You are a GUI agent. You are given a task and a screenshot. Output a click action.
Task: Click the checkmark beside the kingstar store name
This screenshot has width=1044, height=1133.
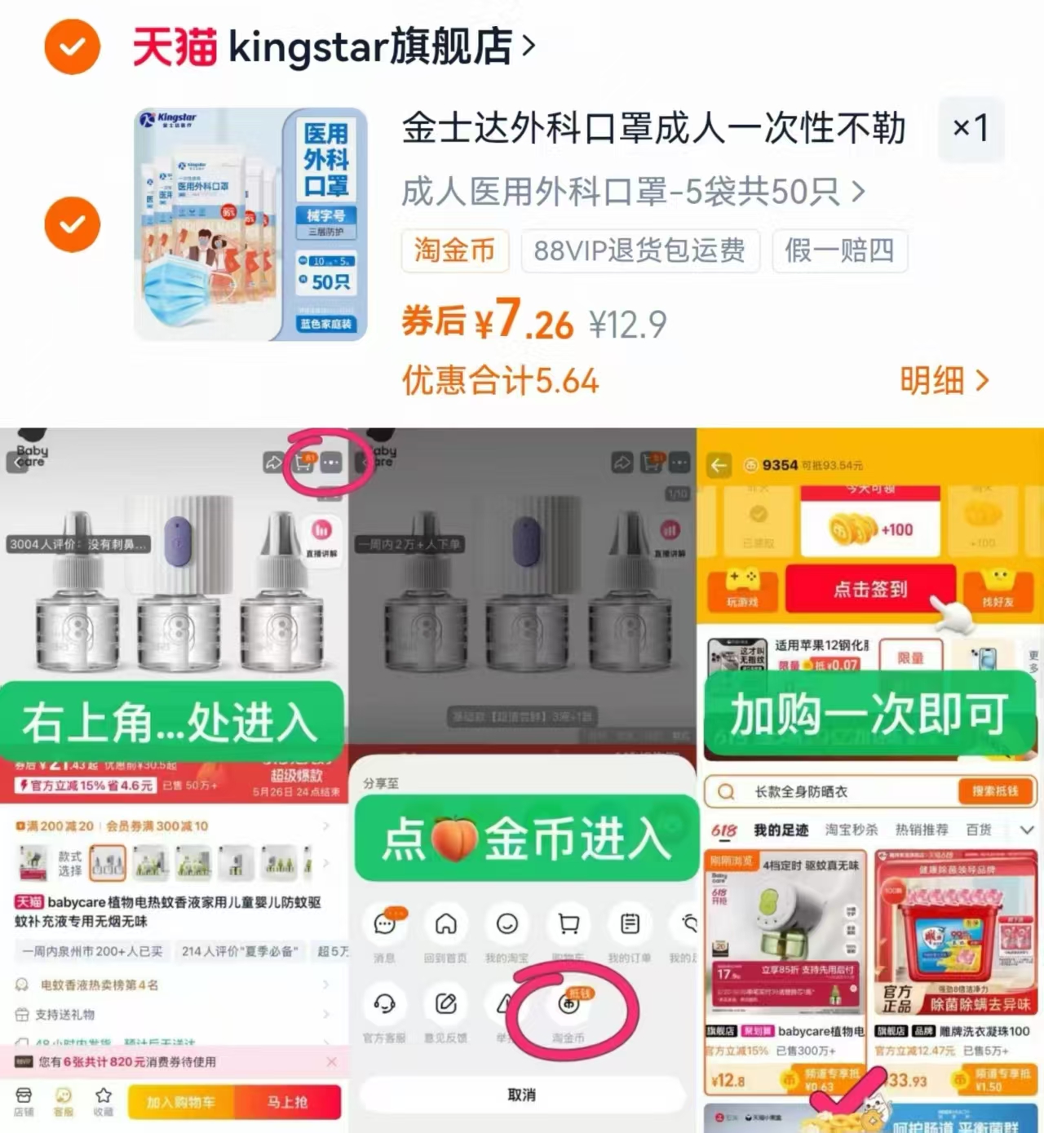[72, 46]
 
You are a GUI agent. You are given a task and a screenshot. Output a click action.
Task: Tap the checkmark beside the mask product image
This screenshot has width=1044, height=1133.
[72, 224]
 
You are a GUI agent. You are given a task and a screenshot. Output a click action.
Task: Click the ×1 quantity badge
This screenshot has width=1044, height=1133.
[971, 127]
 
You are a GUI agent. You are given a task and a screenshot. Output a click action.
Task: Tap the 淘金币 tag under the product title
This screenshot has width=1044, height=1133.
[454, 250]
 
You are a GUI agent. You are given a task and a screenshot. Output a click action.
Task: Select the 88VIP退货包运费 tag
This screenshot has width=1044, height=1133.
[639, 250]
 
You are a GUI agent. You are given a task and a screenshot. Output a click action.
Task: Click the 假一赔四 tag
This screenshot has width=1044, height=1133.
[839, 250]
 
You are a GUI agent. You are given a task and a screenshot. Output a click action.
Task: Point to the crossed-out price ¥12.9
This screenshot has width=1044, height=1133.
[627, 325]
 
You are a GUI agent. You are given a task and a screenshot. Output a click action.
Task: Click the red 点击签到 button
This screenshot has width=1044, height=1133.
[869, 589]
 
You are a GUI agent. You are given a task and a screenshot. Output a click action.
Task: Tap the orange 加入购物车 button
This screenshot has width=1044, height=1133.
[181, 1102]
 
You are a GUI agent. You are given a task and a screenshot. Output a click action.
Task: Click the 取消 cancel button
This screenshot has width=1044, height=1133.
[521, 1095]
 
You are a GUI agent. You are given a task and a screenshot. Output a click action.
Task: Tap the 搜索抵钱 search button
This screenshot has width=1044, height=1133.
[994, 790]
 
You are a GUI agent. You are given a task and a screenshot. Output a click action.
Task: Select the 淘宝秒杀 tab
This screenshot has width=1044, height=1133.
[852, 830]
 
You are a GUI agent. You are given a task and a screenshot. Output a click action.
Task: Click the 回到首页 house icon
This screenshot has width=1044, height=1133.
[445, 924]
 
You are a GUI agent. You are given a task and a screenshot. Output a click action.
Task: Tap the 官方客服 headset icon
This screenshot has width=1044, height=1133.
[384, 1003]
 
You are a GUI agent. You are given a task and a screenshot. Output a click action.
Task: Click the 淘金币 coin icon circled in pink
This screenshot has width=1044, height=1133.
[568, 1004]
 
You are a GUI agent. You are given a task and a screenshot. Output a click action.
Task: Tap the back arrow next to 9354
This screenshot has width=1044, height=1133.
[719, 465]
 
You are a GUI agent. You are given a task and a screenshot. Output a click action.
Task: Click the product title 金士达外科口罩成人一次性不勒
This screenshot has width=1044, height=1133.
[653, 129]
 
